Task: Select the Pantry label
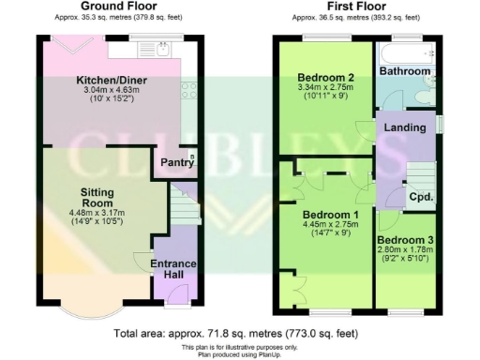[x=176, y=163]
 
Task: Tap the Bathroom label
[x=405, y=71]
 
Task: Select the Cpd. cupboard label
[x=420, y=197]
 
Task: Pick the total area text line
[x=240, y=333]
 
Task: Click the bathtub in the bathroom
[x=406, y=50]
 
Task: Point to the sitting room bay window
[x=90, y=309]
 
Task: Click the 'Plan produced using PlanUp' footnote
[x=240, y=354]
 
